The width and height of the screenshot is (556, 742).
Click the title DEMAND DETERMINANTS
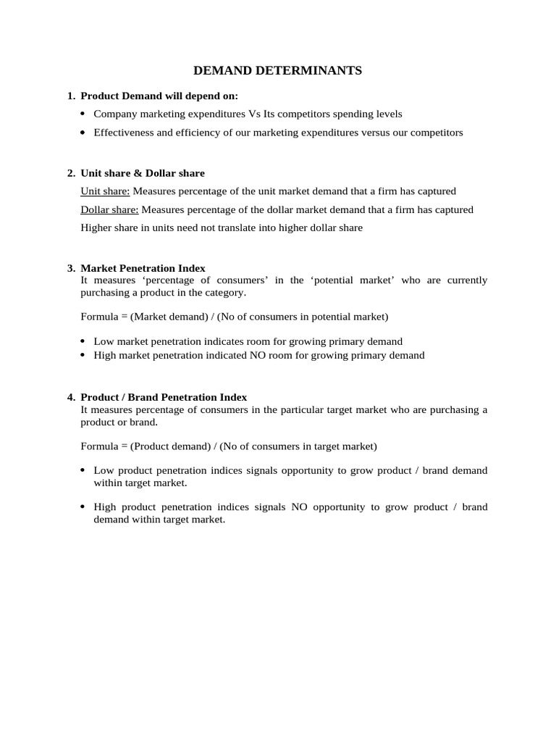[277, 71]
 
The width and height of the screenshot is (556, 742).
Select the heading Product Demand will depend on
[159, 96]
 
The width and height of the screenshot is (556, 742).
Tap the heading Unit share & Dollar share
[143, 173]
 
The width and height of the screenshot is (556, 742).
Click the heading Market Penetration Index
[143, 268]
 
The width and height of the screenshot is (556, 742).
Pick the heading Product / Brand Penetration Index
[164, 397]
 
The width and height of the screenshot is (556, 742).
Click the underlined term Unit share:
[106, 191]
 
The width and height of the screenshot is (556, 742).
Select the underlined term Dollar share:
[109, 209]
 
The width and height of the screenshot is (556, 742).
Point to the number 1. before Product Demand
[71, 96]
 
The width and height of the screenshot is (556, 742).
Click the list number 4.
[71, 397]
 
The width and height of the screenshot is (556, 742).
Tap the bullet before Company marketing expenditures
[83, 114]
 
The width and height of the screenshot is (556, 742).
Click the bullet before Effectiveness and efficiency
[83, 133]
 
